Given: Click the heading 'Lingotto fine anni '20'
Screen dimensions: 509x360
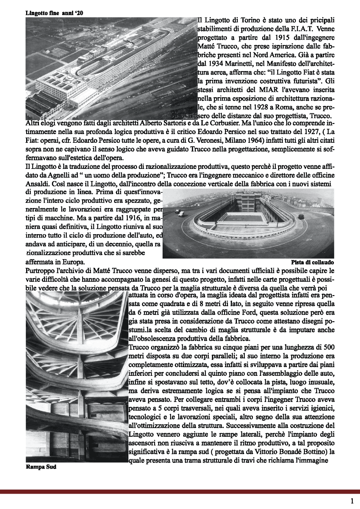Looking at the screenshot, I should (x=54, y=13).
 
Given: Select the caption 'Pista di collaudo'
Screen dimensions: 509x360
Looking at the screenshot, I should (x=312, y=263).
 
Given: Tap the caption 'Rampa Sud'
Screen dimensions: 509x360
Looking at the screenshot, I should (x=41, y=467).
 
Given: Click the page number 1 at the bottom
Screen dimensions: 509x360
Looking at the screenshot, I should (x=352, y=501).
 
